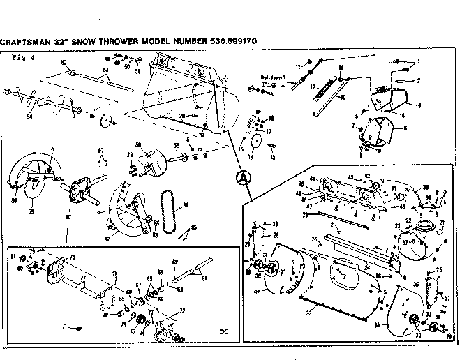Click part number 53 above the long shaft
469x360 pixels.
pyautogui.click(x=105, y=70)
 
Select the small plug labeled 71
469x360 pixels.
pyautogui.click(x=79, y=327)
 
